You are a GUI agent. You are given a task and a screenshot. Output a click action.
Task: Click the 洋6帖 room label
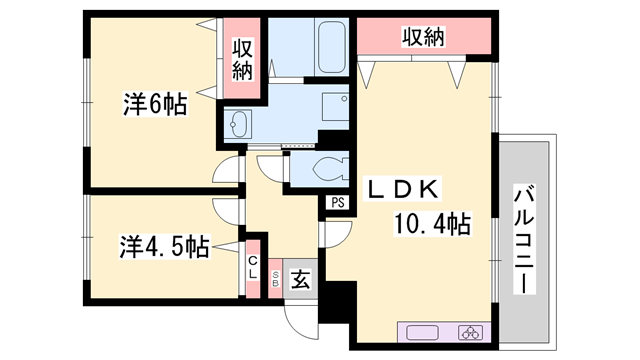point(155,105)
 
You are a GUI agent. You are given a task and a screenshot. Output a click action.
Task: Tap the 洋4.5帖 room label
point(164,247)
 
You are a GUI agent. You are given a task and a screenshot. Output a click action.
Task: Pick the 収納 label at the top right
point(424,37)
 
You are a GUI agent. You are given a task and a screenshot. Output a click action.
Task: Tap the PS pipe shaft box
point(337,202)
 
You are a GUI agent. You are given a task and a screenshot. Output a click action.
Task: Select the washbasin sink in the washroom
point(238,124)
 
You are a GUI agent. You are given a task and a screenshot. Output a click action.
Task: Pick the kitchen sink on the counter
point(417,333)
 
